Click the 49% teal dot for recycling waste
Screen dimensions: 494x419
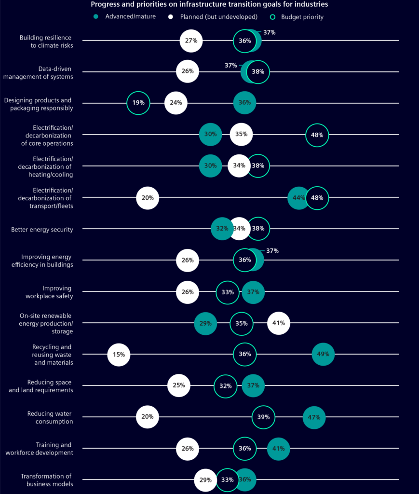tap(323, 355)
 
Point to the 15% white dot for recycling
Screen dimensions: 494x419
tap(119, 355)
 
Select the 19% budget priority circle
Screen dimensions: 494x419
tap(138, 103)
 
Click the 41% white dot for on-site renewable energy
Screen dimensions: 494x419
tap(279, 323)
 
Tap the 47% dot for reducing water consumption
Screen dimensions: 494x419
tap(314, 417)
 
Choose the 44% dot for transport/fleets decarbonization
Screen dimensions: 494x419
tap(299, 198)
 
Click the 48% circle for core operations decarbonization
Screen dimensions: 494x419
tap(317, 135)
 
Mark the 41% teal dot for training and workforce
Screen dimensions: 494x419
tap(279, 449)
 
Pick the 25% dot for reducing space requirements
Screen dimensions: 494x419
tap(179, 386)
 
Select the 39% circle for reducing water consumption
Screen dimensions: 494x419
tap(264, 417)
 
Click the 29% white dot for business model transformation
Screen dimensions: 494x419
tap(205, 480)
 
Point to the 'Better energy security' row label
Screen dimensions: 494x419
tap(42, 230)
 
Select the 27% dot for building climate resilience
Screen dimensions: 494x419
tap(191, 41)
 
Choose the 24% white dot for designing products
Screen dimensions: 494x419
tap(176, 103)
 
